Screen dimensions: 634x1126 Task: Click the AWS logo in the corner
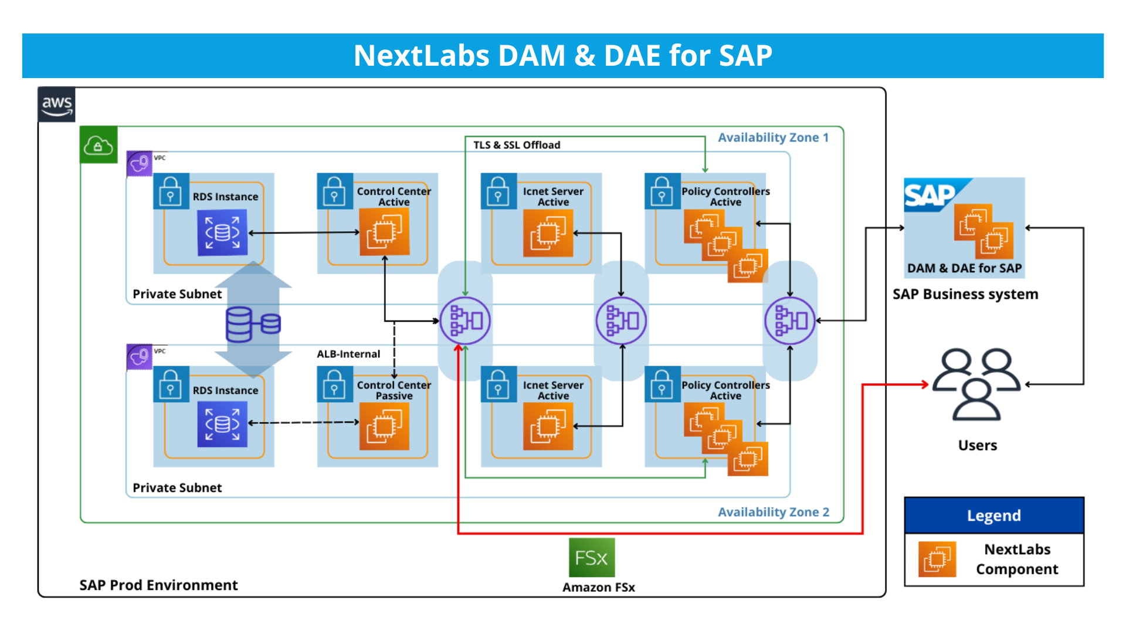pyautogui.click(x=57, y=105)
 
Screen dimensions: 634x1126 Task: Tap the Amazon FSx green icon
pyautogui.click(x=592, y=558)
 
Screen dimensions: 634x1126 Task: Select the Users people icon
pyautogui.click(x=976, y=385)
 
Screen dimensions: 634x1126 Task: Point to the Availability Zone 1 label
pyautogui.click(x=773, y=138)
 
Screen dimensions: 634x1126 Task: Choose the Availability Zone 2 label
pyautogui.click(x=773, y=512)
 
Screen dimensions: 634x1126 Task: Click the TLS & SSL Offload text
pyautogui.click(x=517, y=145)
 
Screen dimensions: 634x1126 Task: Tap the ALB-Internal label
pyautogui.click(x=348, y=354)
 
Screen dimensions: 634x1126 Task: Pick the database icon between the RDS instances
pyautogui.click(x=253, y=324)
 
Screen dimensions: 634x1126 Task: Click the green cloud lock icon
pyautogui.click(x=98, y=144)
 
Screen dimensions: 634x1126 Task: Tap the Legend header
pyautogui.click(x=993, y=515)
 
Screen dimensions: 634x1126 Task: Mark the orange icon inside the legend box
pyautogui.click(x=937, y=559)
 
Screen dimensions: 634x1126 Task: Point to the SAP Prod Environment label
pyautogui.click(x=158, y=585)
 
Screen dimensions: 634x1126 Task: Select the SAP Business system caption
pyautogui.click(x=965, y=294)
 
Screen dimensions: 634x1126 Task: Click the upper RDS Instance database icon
pyautogui.click(x=222, y=233)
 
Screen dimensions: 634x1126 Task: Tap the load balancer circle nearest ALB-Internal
pyautogui.click(x=465, y=321)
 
